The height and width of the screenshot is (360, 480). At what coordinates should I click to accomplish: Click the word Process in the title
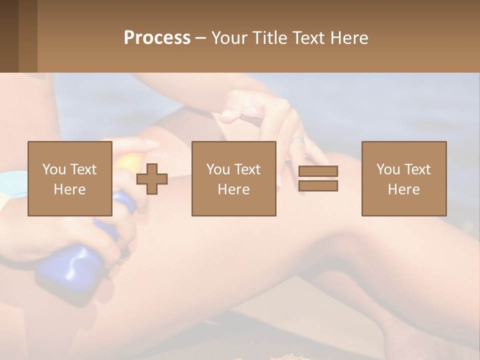[157, 38]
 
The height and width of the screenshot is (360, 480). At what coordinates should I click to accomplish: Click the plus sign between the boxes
[152, 178]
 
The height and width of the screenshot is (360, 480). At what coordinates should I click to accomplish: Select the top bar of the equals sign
[318, 171]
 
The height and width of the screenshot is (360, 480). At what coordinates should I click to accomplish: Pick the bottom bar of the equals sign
[318, 185]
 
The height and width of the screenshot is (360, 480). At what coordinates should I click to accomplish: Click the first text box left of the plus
[69, 178]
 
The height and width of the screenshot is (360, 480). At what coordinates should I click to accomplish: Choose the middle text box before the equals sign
[233, 178]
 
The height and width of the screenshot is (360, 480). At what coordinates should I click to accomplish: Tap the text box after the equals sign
[403, 178]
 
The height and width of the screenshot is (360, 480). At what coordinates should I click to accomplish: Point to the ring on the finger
[298, 140]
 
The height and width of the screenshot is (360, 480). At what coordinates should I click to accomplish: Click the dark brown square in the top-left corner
[9, 36]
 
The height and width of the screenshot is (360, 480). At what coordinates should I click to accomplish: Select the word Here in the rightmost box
[403, 189]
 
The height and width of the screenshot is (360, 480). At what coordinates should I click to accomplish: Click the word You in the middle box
[218, 169]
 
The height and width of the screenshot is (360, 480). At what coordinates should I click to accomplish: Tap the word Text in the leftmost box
[83, 169]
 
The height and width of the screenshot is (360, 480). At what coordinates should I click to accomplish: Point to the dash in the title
[201, 38]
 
